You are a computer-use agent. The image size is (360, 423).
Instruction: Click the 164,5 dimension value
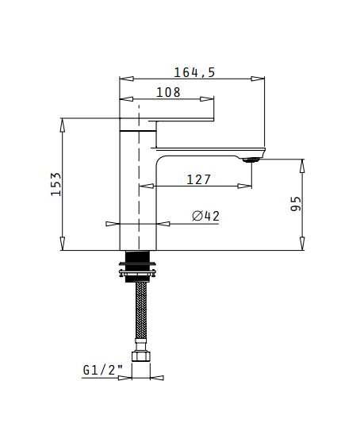(x=194, y=72)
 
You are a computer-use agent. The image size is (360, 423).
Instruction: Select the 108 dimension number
(x=168, y=92)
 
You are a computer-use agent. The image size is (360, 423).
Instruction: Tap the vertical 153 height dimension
(x=56, y=184)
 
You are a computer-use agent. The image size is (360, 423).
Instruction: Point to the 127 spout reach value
(x=198, y=179)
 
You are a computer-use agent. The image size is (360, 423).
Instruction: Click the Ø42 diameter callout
(x=206, y=216)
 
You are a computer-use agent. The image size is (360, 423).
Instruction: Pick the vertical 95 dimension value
(x=296, y=203)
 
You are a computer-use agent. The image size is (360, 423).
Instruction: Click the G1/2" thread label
(x=102, y=370)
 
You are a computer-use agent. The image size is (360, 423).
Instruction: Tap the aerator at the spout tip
(x=251, y=160)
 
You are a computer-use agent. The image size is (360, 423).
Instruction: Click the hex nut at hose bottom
(x=140, y=356)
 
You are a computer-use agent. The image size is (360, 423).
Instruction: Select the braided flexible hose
(x=141, y=311)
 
